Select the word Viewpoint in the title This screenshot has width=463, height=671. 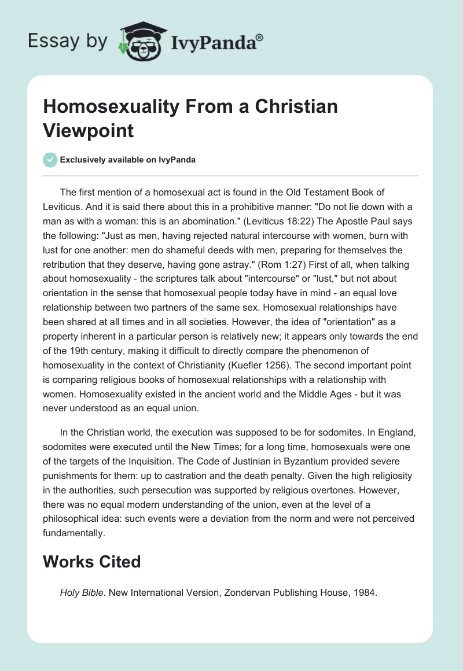coord(89,130)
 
